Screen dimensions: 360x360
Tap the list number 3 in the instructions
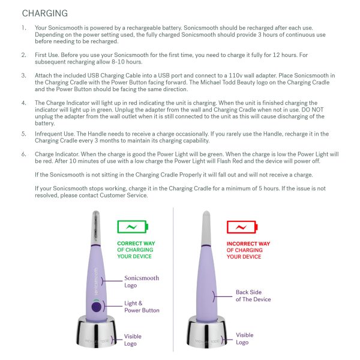click(23, 76)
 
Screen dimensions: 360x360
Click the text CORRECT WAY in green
click(135, 244)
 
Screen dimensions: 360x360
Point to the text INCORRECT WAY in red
click(248, 244)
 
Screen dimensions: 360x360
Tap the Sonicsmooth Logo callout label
click(142, 281)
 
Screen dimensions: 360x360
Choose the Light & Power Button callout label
click(142, 307)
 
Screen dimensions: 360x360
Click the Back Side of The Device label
click(253, 296)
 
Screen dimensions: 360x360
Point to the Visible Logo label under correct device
click(133, 340)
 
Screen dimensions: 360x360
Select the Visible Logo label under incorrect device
click(244, 338)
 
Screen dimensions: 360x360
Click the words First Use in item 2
click(47, 55)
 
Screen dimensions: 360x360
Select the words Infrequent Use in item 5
click(55, 134)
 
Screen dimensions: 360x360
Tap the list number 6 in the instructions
click(23, 154)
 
